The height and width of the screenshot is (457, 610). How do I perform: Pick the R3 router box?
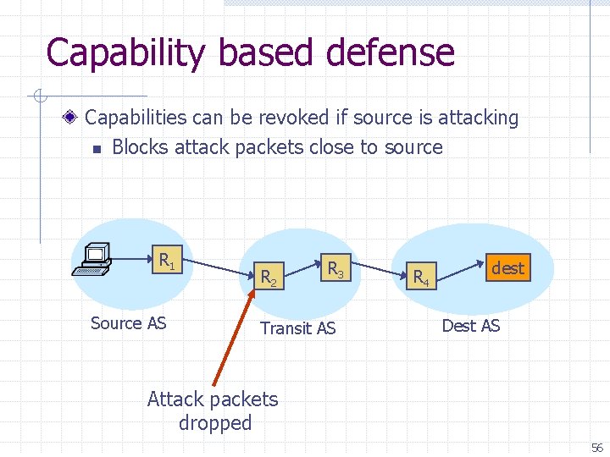(x=335, y=269)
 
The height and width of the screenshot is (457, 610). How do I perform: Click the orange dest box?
(x=507, y=268)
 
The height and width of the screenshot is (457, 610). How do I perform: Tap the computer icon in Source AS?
(x=92, y=259)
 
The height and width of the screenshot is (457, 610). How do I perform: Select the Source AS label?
(x=128, y=322)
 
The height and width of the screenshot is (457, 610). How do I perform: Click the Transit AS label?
(x=297, y=328)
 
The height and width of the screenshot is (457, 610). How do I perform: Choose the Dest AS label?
(x=471, y=325)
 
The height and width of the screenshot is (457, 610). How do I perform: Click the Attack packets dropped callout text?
(x=213, y=410)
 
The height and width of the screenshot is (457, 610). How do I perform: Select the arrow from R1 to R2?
(x=219, y=266)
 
